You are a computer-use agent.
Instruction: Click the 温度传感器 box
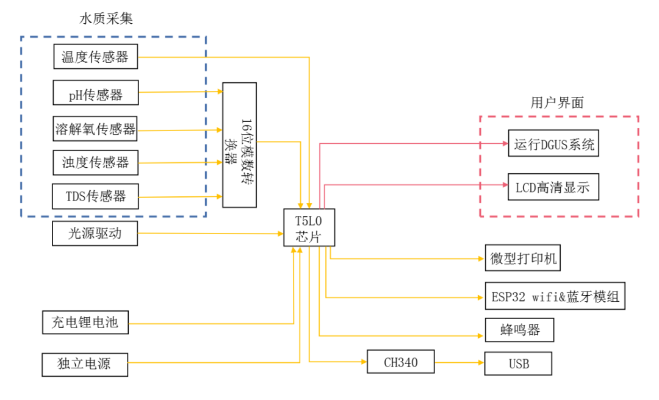point(95,57)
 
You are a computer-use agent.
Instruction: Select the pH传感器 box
point(95,93)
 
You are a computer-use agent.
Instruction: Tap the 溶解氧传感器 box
point(95,128)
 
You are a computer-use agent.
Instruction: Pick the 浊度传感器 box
point(95,162)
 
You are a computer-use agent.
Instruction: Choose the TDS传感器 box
point(95,196)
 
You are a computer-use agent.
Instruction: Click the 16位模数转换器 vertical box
point(239,145)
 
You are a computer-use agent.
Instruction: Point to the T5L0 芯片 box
point(309,227)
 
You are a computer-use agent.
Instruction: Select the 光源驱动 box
point(95,234)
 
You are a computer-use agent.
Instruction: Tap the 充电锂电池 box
point(85,322)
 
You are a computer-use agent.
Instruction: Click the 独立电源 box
point(85,364)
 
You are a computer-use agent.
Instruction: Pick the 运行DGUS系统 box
point(553,144)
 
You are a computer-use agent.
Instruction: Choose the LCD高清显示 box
point(553,187)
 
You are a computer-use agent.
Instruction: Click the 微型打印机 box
point(523,259)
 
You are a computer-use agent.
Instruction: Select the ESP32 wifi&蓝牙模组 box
point(555,296)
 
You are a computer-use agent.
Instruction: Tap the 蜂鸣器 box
point(520,330)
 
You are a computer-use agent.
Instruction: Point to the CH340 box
point(400,362)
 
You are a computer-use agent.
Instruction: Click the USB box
point(518,363)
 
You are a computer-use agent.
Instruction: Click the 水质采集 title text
point(106,18)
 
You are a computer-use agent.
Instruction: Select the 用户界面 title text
point(556,102)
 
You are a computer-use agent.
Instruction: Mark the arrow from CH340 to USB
point(459,363)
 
